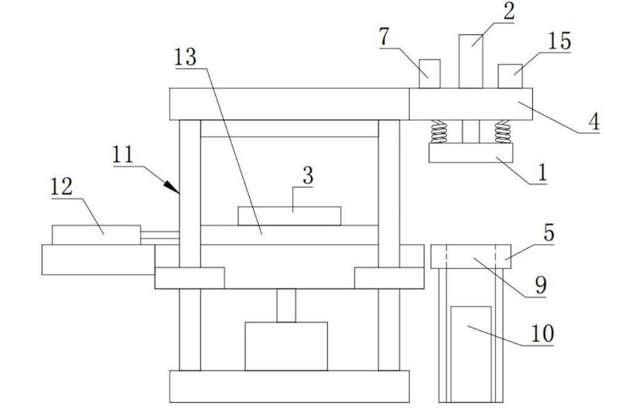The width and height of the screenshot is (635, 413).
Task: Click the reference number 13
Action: coord(186,58)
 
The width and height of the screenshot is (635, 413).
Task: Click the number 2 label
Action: coord(508,12)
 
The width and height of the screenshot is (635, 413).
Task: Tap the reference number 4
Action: coord(596,122)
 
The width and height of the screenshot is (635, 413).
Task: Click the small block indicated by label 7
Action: coord(429,73)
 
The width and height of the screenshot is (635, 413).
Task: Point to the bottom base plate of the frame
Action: coord(288,385)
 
